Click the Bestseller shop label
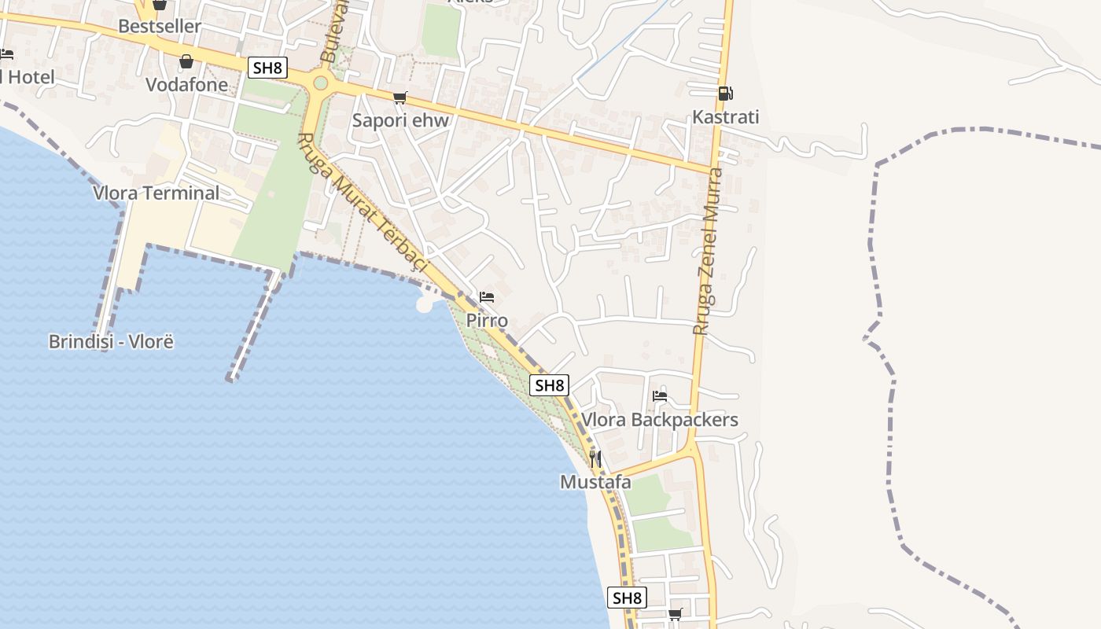point(160,26)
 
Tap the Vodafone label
point(186,85)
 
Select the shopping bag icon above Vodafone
point(186,61)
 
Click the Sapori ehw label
point(400,120)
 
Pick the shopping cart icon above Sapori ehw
point(400,97)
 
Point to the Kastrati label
point(725,117)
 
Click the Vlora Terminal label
point(156,193)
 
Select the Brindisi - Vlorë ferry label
point(111,342)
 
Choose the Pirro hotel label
point(487,321)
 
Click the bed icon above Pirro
point(487,297)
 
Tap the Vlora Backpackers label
point(660,420)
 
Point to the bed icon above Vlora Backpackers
point(660,396)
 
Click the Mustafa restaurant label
point(595,482)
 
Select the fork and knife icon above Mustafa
point(595,458)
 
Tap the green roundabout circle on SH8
point(320,83)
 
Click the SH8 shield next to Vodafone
point(267,68)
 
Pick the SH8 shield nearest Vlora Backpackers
point(550,385)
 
